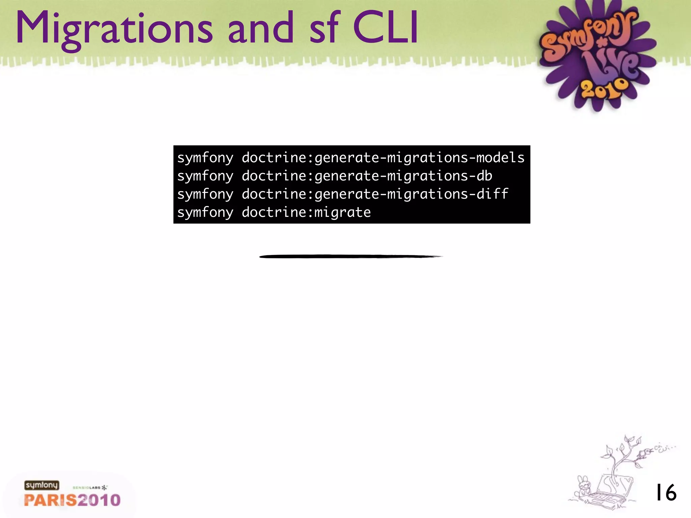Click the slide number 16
pos(666,492)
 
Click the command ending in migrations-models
pos(351,158)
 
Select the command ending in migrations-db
pos(335,176)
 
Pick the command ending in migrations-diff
pos(342,194)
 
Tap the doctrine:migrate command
pos(274,212)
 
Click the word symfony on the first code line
pos(205,158)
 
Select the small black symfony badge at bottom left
pos(42,485)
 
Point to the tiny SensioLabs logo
pos(90,488)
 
